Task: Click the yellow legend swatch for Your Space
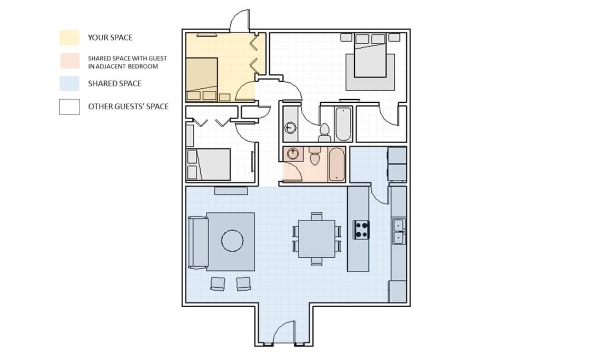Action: [x=69, y=37]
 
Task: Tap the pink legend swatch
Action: [x=69, y=61]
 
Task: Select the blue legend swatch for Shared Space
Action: [x=69, y=83]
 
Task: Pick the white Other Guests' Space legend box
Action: [x=69, y=107]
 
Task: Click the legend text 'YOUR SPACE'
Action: [x=110, y=37]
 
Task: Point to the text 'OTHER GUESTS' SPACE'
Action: [x=128, y=106]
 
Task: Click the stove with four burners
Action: [x=361, y=230]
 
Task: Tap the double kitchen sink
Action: [x=399, y=231]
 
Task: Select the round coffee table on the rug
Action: [x=232, y=240]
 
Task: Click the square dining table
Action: [x=316, y=238]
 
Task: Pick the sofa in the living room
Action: [x=198, y=242]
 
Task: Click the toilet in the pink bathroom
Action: [x=314, y=155]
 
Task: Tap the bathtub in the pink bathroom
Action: [x=336, y=164]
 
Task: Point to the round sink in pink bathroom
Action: [x=293, y=154]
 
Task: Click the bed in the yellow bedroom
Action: [x=201, y=79]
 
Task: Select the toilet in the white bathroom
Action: [x=324, y=133]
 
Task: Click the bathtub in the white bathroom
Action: [x=343, y=124]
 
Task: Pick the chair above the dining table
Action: [x=316, y=216]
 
